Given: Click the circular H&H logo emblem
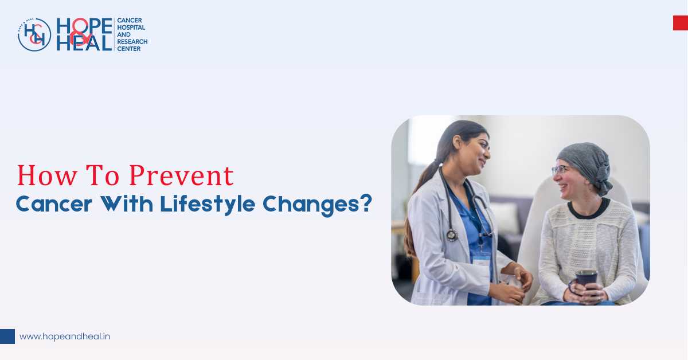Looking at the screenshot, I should tap(34, 34).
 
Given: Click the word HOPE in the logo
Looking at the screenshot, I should tap(84, 26).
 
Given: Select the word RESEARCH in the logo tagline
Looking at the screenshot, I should tap(132, 42).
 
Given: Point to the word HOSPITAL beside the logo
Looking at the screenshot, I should tap(131, 27).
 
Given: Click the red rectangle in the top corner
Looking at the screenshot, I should tap(680, 23).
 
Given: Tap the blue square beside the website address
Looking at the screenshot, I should tap(7, 336).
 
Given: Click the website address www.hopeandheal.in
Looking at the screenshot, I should tap(65, 336).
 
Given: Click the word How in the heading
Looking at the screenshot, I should tap(40, 175).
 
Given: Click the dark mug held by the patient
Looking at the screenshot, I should tap(586, 281).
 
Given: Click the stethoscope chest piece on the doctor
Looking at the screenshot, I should tap(452, 235).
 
